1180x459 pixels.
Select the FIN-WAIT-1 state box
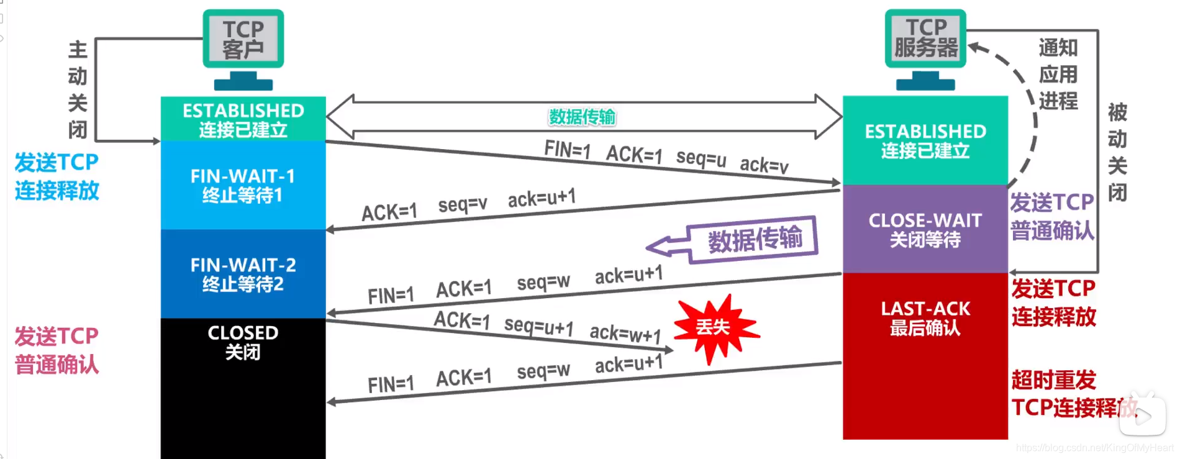click(243, 185)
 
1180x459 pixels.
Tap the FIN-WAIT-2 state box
click(243, 274)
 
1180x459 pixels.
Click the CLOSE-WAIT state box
click(925, 229)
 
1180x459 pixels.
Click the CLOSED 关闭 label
click(243, 342)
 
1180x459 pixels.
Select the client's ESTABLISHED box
click(243, 119)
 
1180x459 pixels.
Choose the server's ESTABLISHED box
click(925, 140)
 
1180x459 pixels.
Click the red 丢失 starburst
click(714, 327)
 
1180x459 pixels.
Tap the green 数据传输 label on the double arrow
click(582, 117)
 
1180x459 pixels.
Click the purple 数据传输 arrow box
click(754, 239)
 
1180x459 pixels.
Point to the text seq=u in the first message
click(701, 158)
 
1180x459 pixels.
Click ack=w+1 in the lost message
click(625, 334)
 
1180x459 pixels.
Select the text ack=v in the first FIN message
click(764, 165)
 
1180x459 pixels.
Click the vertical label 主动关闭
click(78, 89)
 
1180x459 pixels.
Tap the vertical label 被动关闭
click(1117, 152)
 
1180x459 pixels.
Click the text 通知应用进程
click(1058, 74)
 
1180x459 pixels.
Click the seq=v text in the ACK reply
click(463, 204)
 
